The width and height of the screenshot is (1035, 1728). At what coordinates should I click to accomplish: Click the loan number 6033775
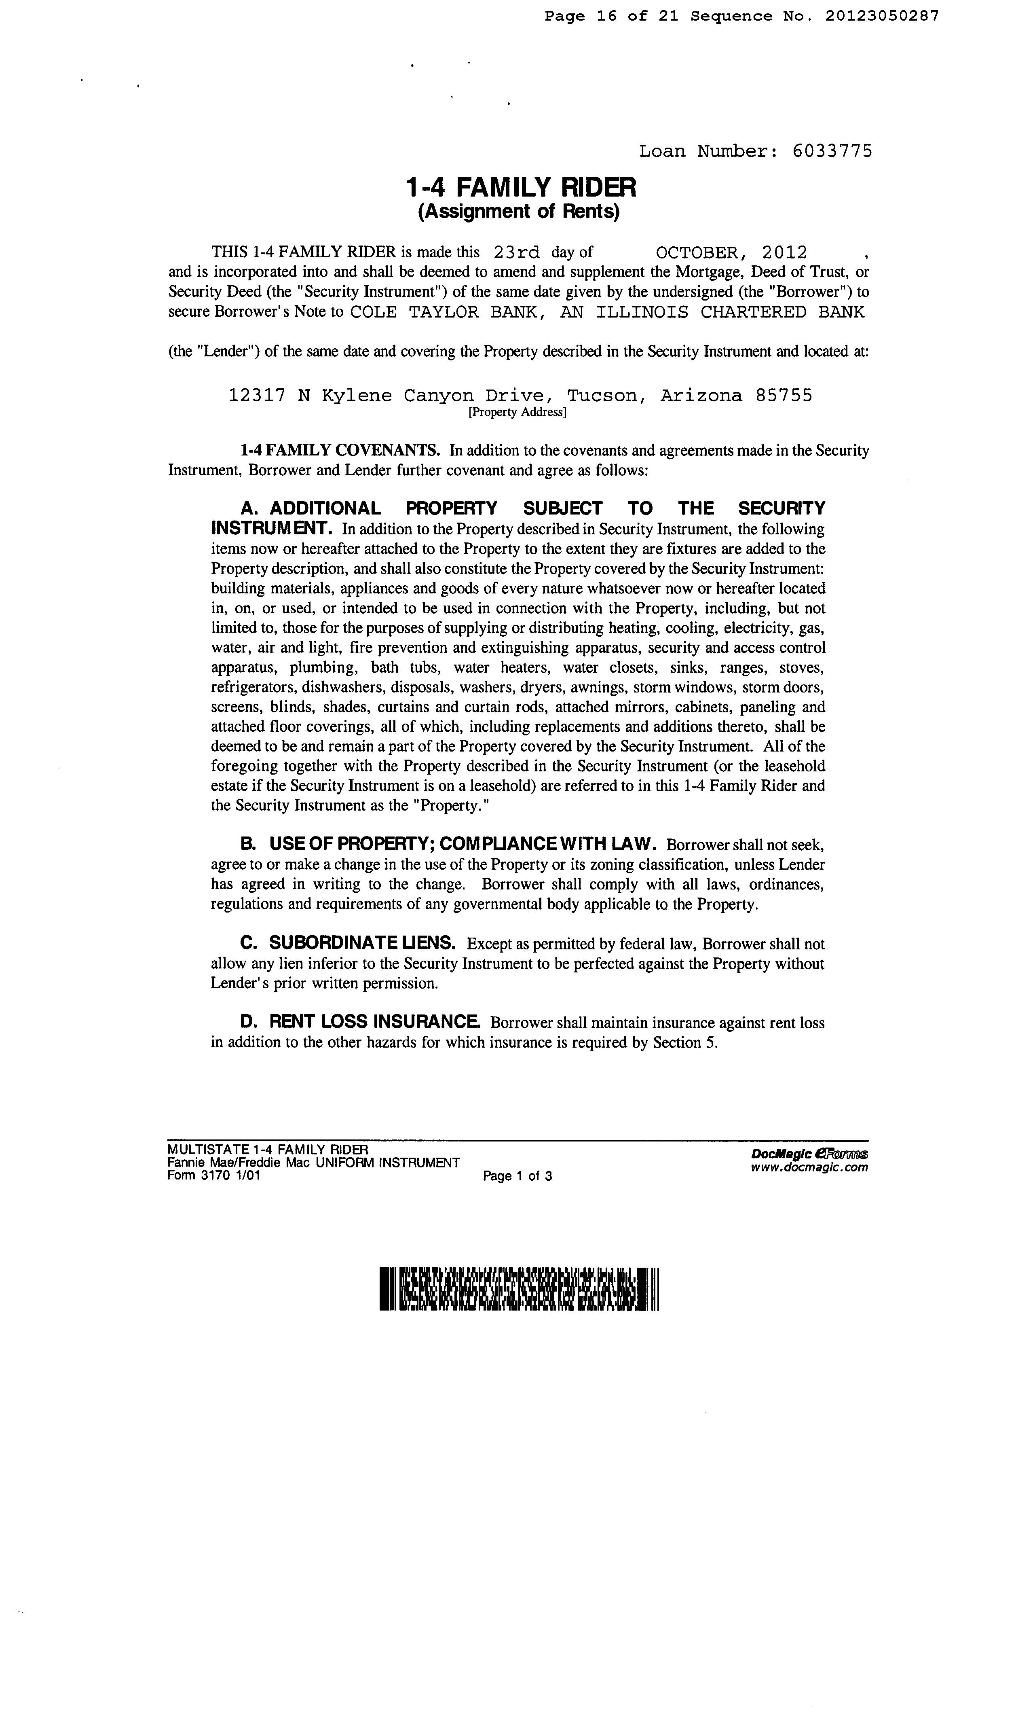[x=832, y=151]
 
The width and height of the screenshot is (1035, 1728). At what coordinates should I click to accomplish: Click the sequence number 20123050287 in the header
[x=882, y=16]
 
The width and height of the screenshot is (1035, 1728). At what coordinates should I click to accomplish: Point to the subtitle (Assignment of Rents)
[x=518, y=212]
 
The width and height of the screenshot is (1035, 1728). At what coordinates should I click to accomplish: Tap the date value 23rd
[x=516, y=252]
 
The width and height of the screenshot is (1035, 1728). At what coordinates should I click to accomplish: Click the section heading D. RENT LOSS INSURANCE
[x=359, y=1022]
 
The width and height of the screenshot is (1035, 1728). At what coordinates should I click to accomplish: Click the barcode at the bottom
[x=519, y=1288]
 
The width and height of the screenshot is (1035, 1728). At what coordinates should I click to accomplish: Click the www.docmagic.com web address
[x=809, y=1167]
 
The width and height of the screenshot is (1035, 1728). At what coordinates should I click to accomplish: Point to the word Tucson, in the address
[x=603, y=396]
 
